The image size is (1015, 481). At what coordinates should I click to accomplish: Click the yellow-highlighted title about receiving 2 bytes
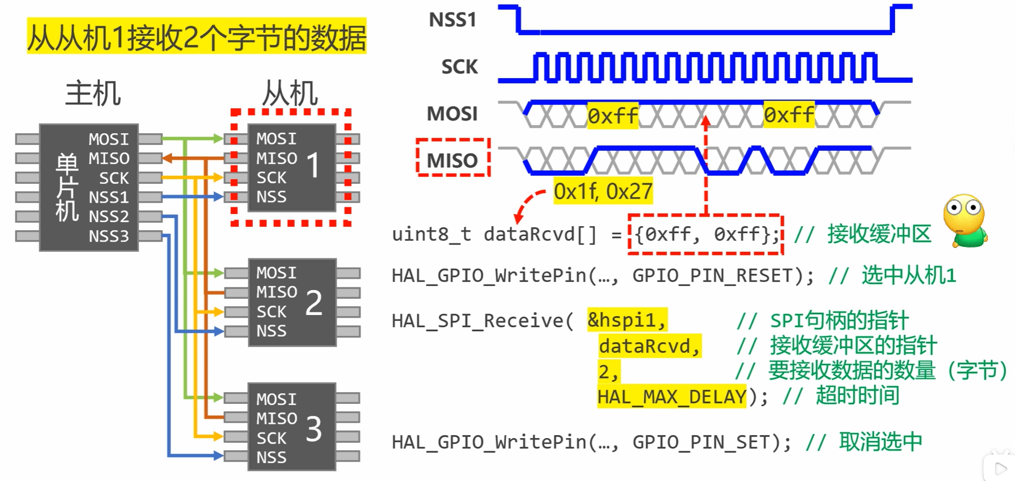click(197, 37)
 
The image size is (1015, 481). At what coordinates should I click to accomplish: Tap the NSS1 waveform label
click(452, 20)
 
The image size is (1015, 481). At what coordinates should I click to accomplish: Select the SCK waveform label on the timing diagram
click(459, 67)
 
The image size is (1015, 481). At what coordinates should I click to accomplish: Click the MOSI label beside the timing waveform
click(452, 113)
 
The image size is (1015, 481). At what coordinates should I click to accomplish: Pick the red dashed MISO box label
click(453, 160)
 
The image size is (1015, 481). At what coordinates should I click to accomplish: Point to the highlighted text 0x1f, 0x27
click(603, 192)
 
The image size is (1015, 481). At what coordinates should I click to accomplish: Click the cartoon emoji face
click(964, 220)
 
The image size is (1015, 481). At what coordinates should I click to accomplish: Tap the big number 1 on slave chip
click(313, 165)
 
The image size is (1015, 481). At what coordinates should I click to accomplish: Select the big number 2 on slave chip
click(314, 302)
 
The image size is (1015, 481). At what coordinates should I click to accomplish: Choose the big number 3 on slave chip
click(314, 429)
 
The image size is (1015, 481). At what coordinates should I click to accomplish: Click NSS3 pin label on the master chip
click(109, 236)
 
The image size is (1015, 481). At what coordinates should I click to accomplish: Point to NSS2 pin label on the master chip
click(109, 217)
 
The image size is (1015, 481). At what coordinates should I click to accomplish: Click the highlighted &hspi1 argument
click(627, 320)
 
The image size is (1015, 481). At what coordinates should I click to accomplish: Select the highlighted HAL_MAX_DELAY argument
click(672, 397)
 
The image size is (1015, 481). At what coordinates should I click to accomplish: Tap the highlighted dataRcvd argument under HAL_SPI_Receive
click(649, 346)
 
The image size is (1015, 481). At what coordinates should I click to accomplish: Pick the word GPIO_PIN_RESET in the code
click(717, 276)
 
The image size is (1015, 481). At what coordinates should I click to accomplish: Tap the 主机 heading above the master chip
click(93, 93)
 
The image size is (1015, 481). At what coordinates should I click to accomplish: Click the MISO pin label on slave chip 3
click(276, 419)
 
